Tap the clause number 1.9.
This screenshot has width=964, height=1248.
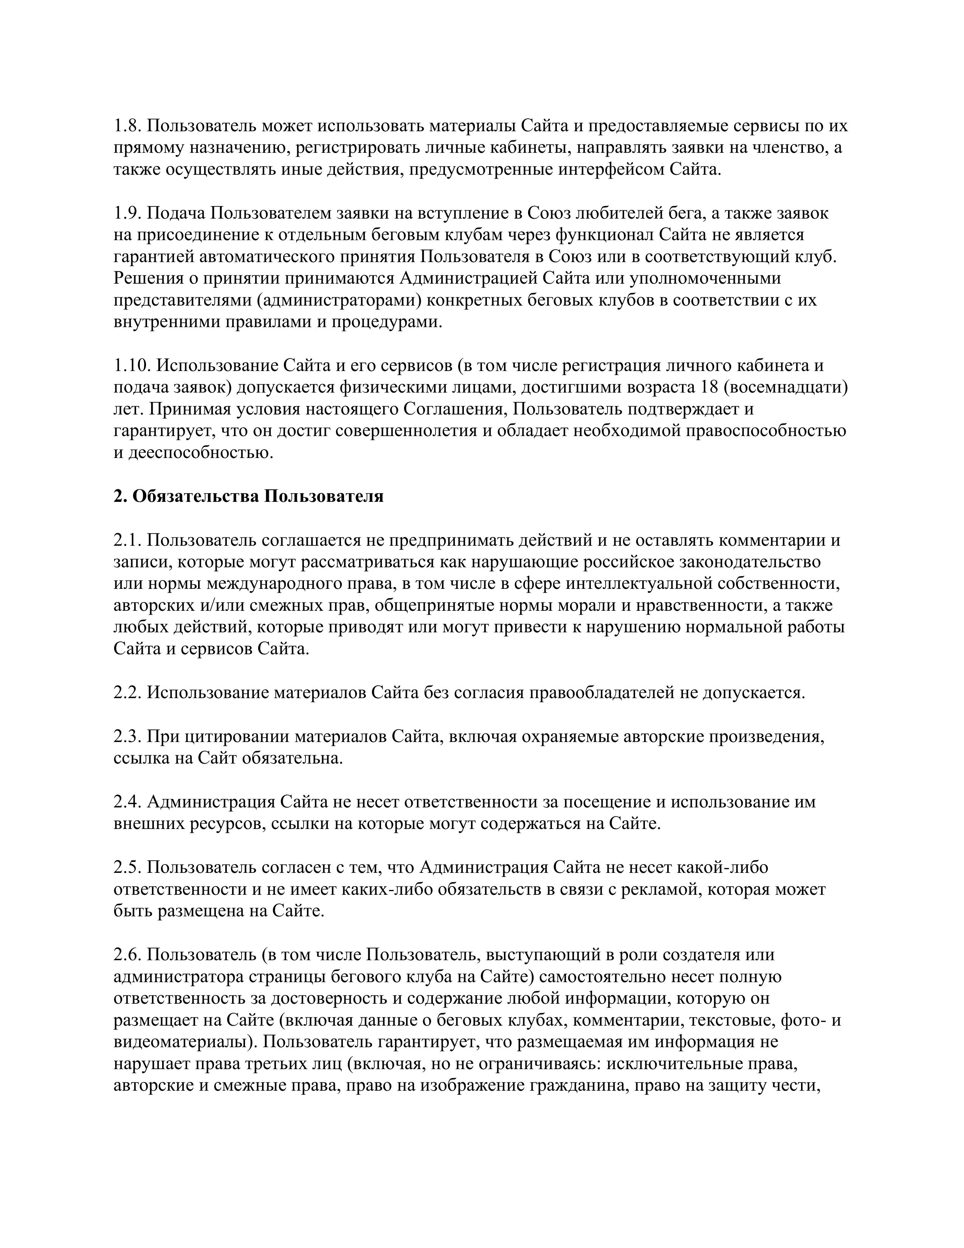point(127,213)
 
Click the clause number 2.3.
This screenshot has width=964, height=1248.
point(127,737)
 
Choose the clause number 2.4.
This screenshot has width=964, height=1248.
point(127,802)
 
